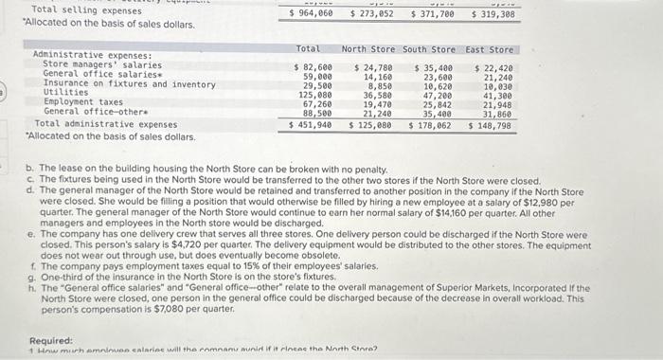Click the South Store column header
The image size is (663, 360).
429,49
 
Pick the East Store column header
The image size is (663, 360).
490,49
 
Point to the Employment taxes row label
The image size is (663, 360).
83,102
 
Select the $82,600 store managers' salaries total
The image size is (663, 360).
313,68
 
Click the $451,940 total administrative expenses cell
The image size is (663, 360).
311,124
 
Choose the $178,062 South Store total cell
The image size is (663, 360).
431,124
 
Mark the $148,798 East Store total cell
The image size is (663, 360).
491,124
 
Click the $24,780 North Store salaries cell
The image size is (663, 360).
374,68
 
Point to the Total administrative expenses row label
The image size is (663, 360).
106,124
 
